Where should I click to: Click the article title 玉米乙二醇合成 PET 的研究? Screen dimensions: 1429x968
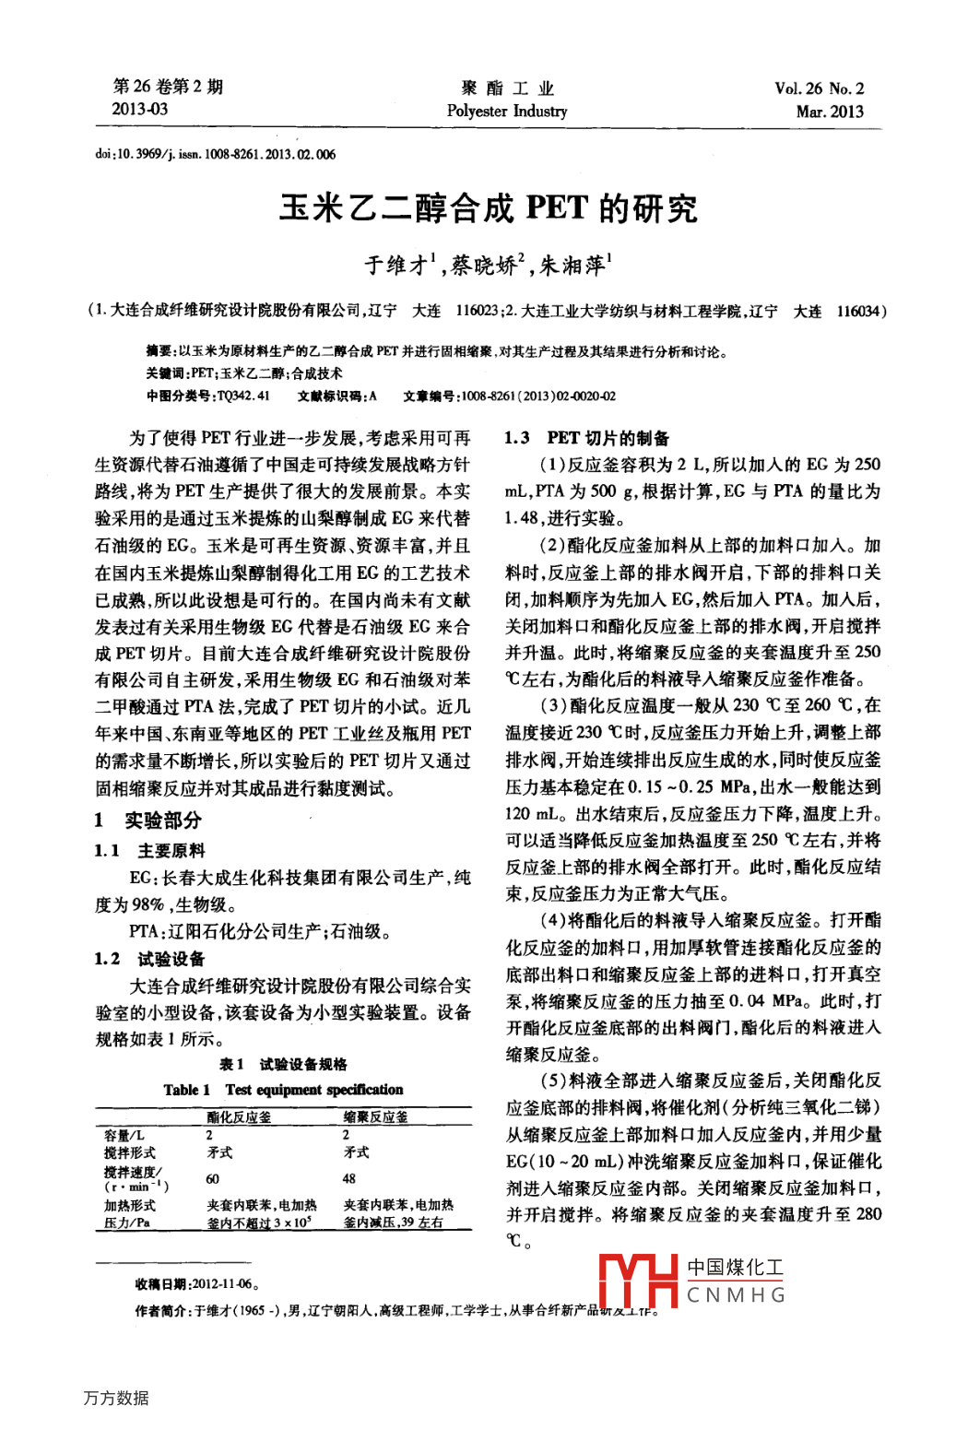coord(489,208)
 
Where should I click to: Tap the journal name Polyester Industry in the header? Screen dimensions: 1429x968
coord(507,112)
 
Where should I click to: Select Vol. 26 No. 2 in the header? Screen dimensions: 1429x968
coord(819,89)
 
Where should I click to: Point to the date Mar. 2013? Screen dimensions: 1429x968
coord(830,112)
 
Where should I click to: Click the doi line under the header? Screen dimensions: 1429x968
coord(216,154)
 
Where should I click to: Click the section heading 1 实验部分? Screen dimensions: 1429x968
coord(148,820)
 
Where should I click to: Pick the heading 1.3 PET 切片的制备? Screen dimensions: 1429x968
coord(586,438)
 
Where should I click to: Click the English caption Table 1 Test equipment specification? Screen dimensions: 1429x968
coord(283,1090)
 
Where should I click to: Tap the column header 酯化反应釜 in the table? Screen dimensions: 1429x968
coord(239,1117)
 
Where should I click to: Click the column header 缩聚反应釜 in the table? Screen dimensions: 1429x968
coord(375,1117)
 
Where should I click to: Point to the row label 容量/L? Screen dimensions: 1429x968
coord(124,1136)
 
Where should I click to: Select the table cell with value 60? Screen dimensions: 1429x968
coord(212,1179)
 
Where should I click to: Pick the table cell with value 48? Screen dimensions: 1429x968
coord(349,1179)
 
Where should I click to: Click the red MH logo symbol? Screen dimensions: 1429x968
coord(638,1281)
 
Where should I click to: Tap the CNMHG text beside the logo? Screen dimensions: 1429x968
coord(736,1295)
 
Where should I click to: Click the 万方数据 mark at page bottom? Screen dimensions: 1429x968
coord(116,1398)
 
